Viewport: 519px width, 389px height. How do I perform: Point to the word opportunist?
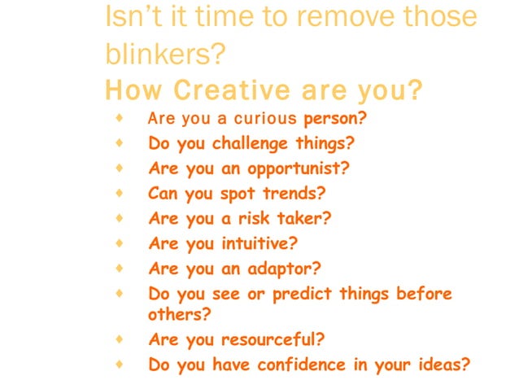coord(298,169)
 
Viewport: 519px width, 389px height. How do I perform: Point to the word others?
coord(173,314)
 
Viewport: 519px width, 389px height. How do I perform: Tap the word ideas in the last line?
coord(441,364)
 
